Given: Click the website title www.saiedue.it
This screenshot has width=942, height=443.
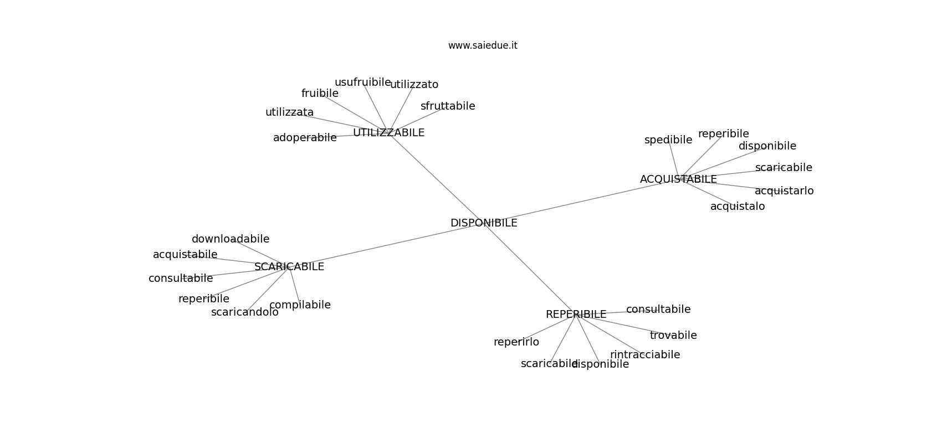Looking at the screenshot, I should point(483,45).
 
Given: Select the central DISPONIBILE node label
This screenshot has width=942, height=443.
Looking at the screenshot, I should point(484,223).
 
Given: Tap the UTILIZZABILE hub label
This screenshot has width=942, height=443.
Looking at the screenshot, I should point(388,133).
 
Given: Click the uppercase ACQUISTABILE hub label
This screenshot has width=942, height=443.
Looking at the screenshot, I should point(678,179).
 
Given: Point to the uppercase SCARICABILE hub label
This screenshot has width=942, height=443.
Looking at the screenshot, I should point(289,267).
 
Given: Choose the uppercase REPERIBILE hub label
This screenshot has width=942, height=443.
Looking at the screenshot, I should point(576,315).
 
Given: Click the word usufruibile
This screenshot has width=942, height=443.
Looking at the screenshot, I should point(362,83).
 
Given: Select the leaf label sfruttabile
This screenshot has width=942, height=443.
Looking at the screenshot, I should point(448,106).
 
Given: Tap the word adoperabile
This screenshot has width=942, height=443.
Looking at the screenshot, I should point(305,138).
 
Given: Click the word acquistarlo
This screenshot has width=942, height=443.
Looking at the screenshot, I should point(784,191).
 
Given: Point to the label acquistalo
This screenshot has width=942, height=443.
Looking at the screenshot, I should point(738,207).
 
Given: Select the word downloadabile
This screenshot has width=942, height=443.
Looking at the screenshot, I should point(231,239).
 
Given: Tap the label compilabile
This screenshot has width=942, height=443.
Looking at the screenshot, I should point(300,305).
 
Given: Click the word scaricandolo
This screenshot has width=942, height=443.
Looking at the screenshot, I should point(245,312).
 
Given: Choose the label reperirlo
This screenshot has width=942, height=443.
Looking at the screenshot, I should point(516,342).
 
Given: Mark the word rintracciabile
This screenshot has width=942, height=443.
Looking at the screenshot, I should point(645,355).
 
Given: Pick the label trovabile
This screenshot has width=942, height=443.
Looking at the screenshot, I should point(673,336).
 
